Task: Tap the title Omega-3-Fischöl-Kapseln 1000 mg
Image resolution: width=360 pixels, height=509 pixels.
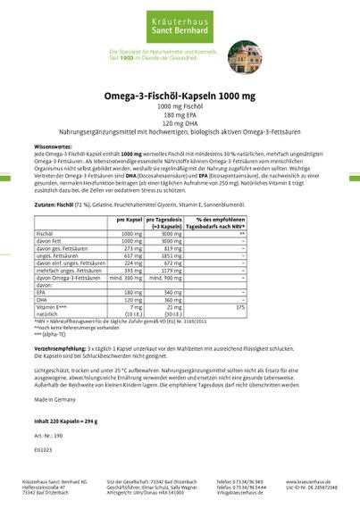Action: (x=179, y=95)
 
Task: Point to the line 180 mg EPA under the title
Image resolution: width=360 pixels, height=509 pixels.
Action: (x=180, y=116)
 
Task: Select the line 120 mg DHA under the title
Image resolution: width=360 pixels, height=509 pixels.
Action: (x=180, y=124)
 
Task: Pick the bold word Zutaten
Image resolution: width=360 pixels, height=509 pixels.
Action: (x=46, y=205)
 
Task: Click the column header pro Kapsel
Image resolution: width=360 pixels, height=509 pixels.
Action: (x=130, y=218)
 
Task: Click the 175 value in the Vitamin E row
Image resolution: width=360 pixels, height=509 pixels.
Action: (x=239, y=306)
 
